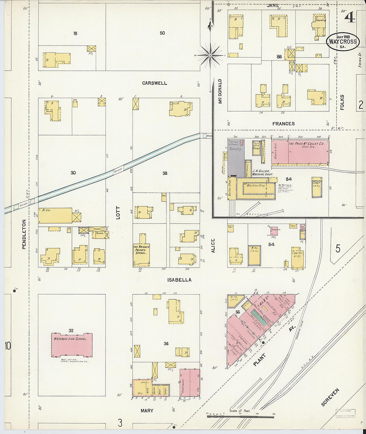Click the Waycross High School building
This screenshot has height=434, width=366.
tap(72, 345)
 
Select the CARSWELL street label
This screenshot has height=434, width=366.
tap(154, 83)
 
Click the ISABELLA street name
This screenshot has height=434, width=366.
tap(179, 280)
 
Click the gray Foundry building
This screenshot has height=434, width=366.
tap(235, 158)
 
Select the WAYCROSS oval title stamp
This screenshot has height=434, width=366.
tap(343, 42)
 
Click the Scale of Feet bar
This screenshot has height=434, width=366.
tap(240, 416)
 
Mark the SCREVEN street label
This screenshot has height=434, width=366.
tap(330, 397)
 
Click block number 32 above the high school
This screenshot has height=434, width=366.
tap(71, 330)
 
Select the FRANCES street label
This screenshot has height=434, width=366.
tap(283, 124)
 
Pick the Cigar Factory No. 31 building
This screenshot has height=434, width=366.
tap(297, 257)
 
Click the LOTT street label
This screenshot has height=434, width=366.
tap(118, 213)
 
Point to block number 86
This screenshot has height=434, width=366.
tap(279, 57)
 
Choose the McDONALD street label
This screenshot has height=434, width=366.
tap(220, 91)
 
